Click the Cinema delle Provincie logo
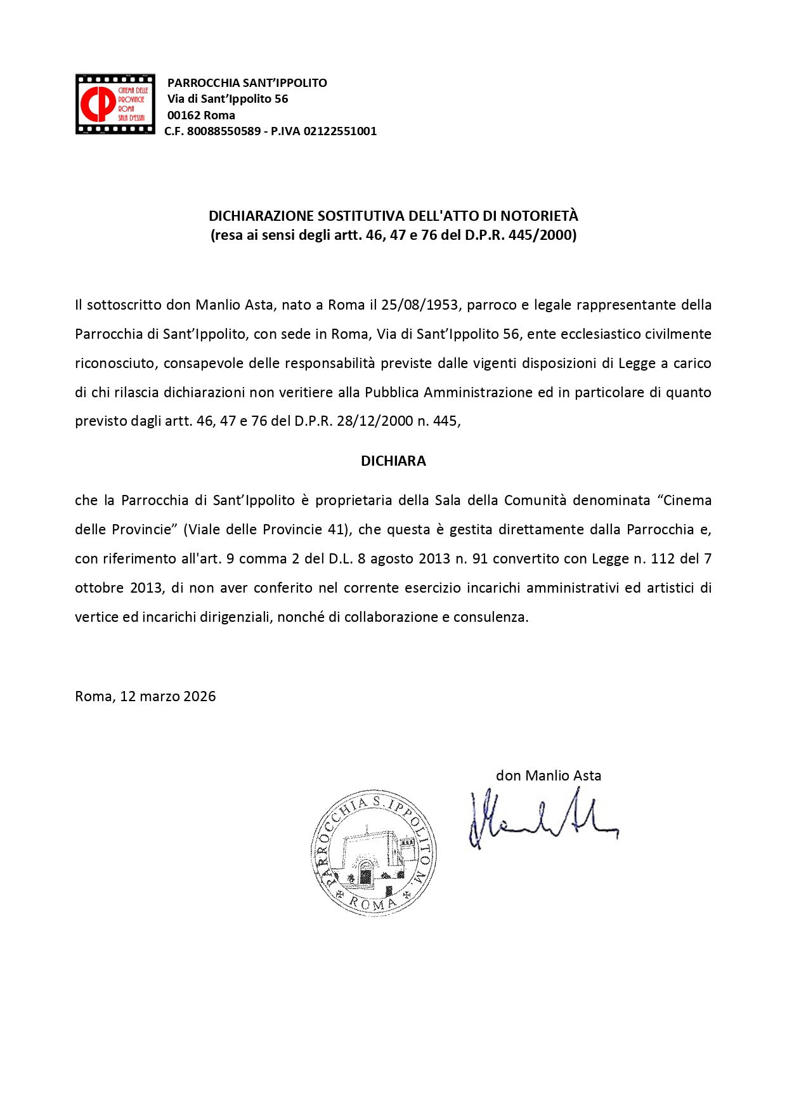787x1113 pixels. [115, 104]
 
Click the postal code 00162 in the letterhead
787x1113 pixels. [183, 115]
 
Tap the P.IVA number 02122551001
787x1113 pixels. [340, 131]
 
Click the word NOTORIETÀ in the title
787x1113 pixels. [539, 216]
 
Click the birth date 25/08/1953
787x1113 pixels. [419, 305]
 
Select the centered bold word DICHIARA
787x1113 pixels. [393, 461]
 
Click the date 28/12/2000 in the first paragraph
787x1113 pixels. [375, 421]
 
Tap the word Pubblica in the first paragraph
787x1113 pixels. [391, 393]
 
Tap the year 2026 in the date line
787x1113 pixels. [199, 697]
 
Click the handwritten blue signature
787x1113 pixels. [542, 819]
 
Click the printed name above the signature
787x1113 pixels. [548, 775]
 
